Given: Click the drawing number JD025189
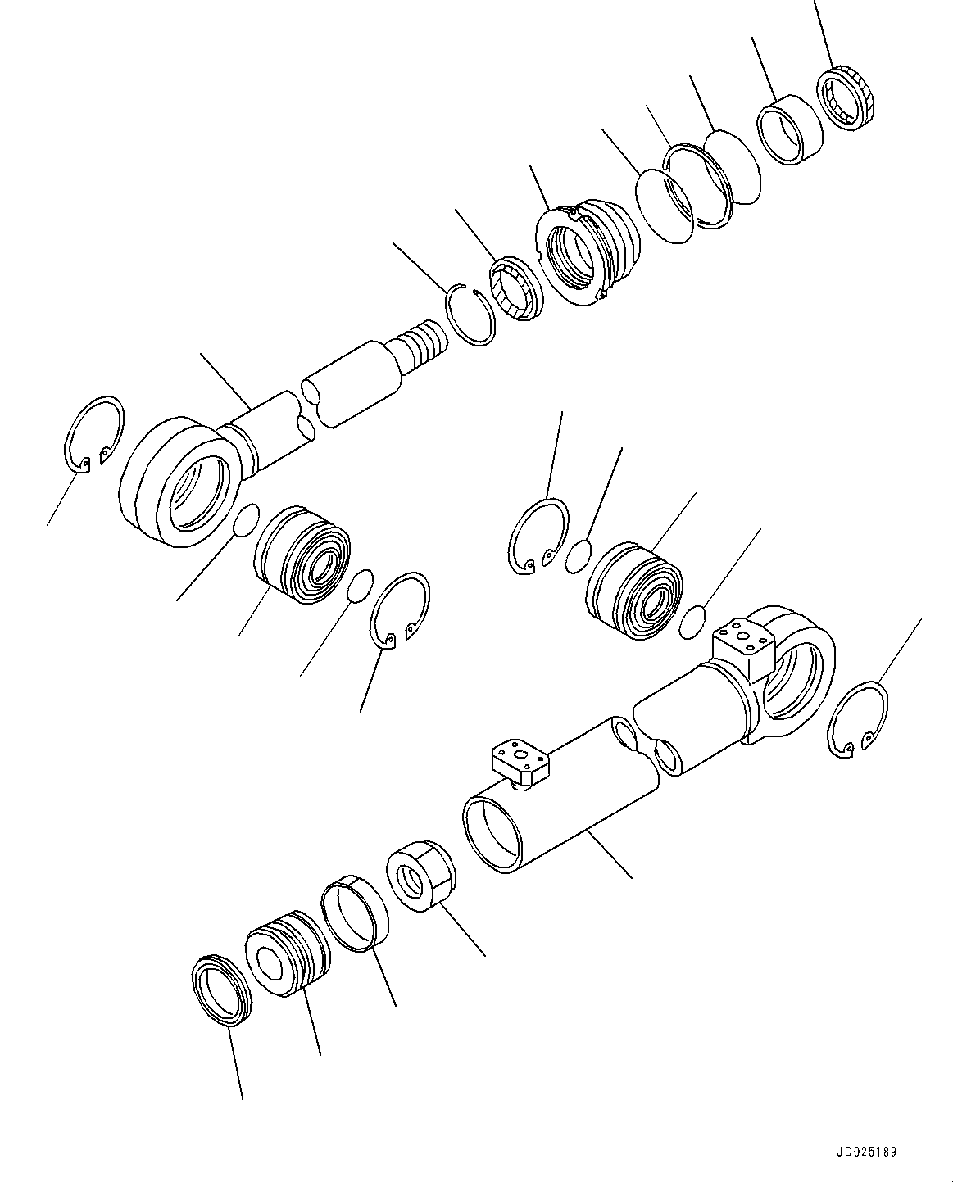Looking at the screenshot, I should point(868,1153).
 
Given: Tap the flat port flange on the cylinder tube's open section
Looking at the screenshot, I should point(520,759).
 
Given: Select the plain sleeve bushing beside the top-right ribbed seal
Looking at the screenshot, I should point(788,129).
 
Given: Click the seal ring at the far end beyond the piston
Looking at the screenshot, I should point(219,990).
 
